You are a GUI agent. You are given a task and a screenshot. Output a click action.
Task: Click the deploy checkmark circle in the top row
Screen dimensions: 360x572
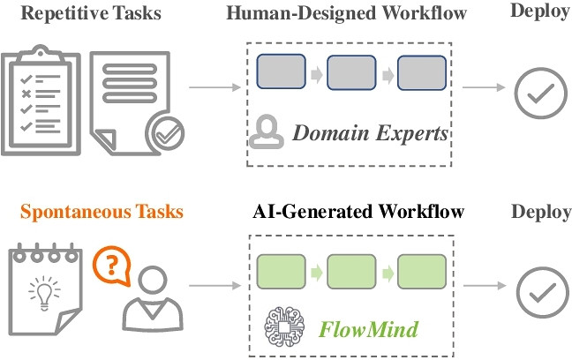(537, 90)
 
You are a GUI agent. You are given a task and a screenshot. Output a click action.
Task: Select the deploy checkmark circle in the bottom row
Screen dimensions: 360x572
(537, 288)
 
